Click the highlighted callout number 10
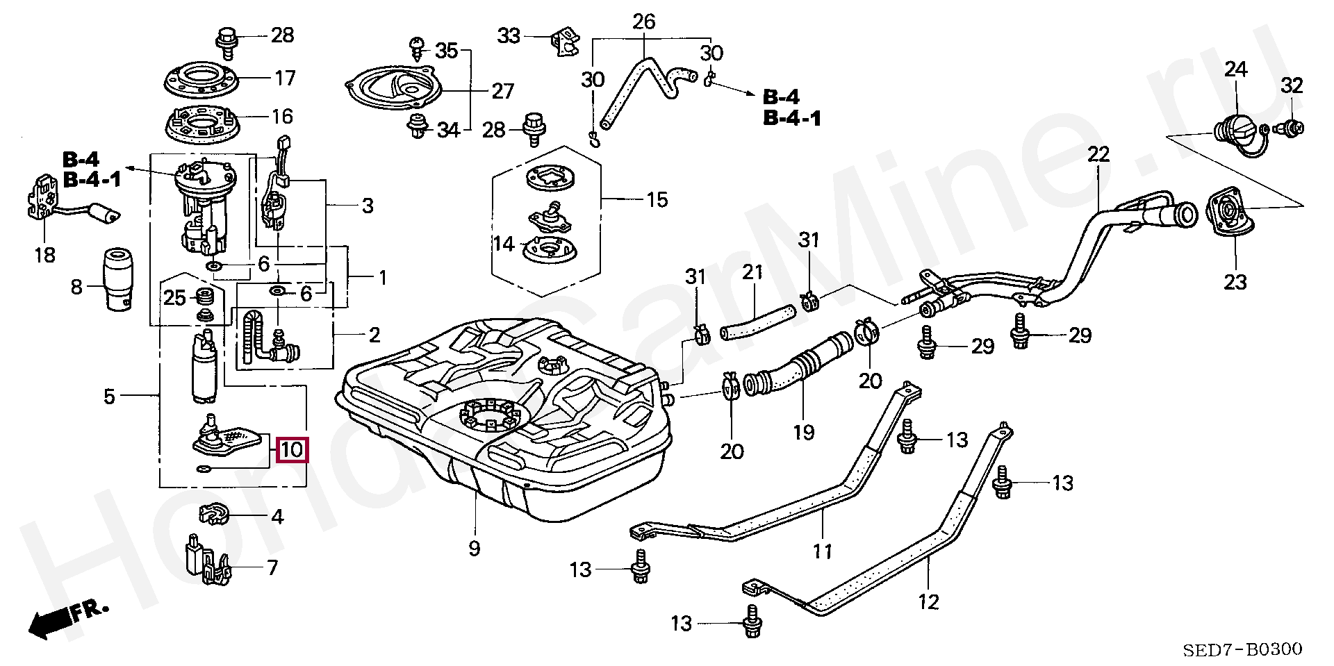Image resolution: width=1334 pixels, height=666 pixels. coord(292,450)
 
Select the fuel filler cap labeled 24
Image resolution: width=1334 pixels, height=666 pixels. coord(1240,134)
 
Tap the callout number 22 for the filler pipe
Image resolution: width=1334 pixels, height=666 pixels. coord(1098,153)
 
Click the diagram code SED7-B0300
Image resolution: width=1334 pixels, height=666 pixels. coord(1243,649)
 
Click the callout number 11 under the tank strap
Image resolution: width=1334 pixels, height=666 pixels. coord(823,551)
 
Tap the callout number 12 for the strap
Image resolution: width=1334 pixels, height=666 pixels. coord(928,601)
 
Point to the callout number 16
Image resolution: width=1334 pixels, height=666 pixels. coord(282,116)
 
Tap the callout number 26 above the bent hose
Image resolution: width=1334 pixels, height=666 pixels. coord(644,22)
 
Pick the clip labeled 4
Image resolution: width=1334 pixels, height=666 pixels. coord(215,514)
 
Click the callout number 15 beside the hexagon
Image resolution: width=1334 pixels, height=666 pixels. coord(657,200)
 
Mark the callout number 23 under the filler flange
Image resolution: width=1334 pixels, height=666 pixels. coord(1235,282)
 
